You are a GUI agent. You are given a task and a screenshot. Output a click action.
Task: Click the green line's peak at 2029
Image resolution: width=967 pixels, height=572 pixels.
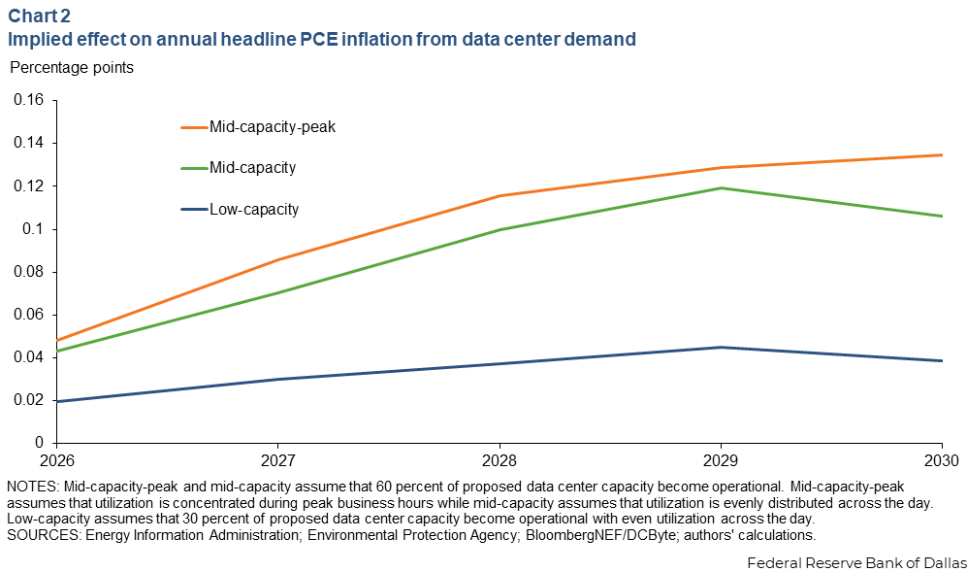[720, 187]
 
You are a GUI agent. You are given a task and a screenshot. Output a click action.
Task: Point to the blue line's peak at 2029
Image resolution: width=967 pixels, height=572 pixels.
[720, 347]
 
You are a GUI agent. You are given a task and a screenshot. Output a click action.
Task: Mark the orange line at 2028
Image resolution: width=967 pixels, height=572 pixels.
[500, 196]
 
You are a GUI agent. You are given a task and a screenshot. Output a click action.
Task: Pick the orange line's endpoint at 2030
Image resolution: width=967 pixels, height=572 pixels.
[941, 154]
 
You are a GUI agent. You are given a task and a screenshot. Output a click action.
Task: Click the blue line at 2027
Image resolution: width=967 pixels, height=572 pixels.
[278, 379]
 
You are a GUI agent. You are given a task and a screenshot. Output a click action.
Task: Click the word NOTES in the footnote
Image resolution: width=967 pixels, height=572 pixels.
[31, 486]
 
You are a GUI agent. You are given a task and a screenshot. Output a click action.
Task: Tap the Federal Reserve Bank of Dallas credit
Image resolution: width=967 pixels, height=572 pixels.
[856, 561]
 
